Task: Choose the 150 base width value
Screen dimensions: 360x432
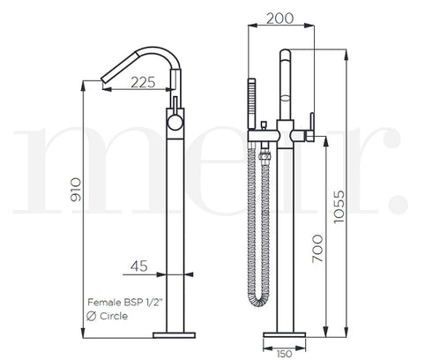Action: pos(284,352)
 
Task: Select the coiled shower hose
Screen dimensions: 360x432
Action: pos(263,221)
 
